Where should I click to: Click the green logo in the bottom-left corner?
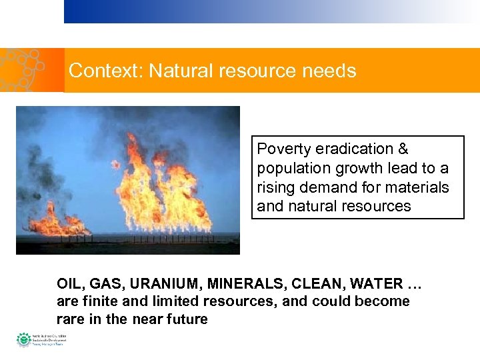click(24, 339)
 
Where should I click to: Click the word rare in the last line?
click(70, 319)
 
